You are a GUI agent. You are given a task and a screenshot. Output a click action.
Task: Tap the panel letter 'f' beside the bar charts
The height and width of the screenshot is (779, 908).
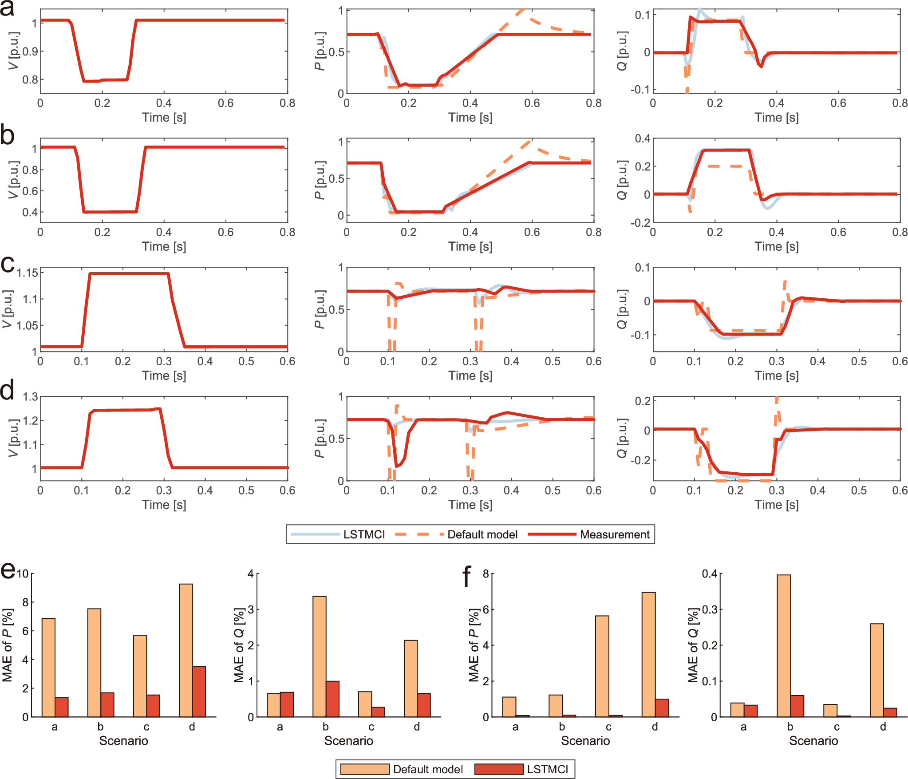point(466,577)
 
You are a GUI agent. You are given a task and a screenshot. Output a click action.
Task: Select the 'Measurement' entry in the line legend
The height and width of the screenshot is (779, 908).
point(614,534)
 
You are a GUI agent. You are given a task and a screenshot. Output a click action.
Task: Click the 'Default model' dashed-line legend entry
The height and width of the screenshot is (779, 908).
point(482,534)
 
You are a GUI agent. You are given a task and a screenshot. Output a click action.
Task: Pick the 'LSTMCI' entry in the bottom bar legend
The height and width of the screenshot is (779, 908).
point(547,769)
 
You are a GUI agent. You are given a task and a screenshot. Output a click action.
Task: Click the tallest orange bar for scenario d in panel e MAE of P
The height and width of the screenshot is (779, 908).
point(186,650)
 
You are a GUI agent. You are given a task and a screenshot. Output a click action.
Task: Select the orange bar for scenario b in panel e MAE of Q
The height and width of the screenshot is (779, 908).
point(319,656)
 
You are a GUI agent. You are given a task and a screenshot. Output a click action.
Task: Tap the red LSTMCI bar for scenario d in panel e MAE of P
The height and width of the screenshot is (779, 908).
point(199,692)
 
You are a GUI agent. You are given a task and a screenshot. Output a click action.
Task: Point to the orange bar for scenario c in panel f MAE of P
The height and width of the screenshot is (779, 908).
point(602,666)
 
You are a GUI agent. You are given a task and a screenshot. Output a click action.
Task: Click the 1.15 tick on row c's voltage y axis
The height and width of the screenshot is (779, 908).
point(27,273)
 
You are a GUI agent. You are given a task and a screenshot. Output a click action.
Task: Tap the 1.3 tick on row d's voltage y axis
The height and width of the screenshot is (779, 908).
point(31,396)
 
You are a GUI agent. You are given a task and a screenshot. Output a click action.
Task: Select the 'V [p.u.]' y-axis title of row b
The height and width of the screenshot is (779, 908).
point(13,180)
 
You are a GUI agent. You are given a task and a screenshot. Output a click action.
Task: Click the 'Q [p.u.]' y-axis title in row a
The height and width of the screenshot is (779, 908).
point(622,51)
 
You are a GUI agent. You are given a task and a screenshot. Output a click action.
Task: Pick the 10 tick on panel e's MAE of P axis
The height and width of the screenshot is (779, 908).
point(22,573)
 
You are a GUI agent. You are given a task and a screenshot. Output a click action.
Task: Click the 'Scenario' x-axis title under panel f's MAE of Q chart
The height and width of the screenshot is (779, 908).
point(813,740)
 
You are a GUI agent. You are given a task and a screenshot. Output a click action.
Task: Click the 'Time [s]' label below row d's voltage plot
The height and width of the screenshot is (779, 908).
point(164,505)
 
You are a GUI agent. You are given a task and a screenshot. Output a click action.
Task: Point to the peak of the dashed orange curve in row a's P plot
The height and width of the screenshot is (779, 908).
point(523,9)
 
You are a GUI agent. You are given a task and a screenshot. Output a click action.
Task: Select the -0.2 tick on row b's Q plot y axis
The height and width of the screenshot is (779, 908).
point(640,222)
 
